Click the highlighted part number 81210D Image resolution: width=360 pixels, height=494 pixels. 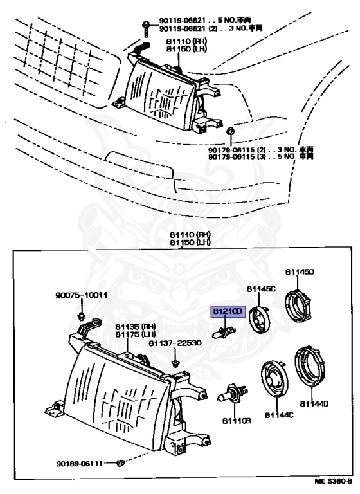pos(229,311)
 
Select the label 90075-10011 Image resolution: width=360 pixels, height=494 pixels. pos(80,296)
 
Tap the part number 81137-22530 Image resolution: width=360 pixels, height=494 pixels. pos(175,343)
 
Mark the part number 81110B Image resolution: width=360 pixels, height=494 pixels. pos(236,421)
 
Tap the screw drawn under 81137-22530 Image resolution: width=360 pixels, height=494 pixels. pos(175,363)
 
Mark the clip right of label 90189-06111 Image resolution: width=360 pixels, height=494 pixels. pos(125,462)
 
